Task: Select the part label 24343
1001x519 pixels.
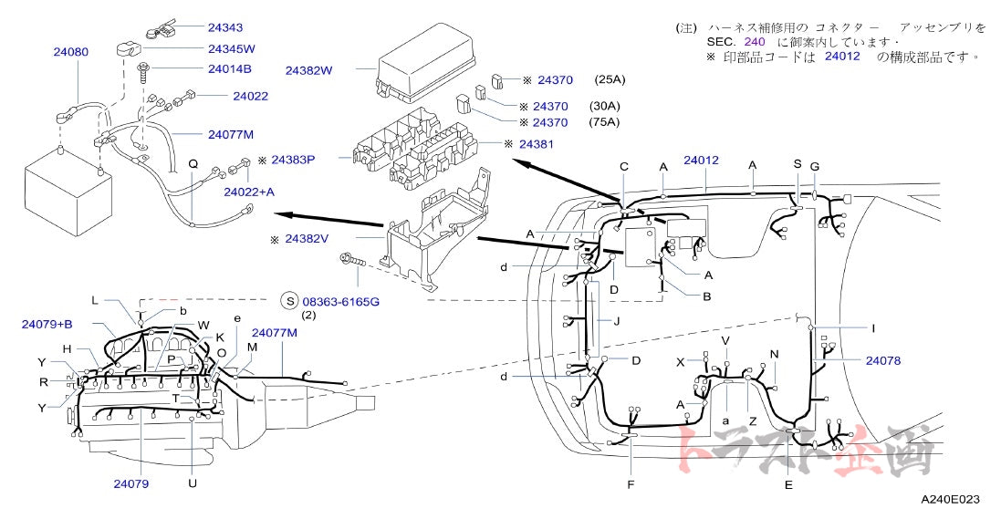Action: [225, 28]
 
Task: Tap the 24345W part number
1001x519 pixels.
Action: [232, 48]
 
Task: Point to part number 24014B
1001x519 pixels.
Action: [230, 68]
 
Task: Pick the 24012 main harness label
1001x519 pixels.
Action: [702, 161]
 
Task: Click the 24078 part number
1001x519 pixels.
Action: [882, 360]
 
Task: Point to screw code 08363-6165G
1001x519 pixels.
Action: [340, 300]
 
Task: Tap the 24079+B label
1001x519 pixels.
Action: [47, 323]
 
